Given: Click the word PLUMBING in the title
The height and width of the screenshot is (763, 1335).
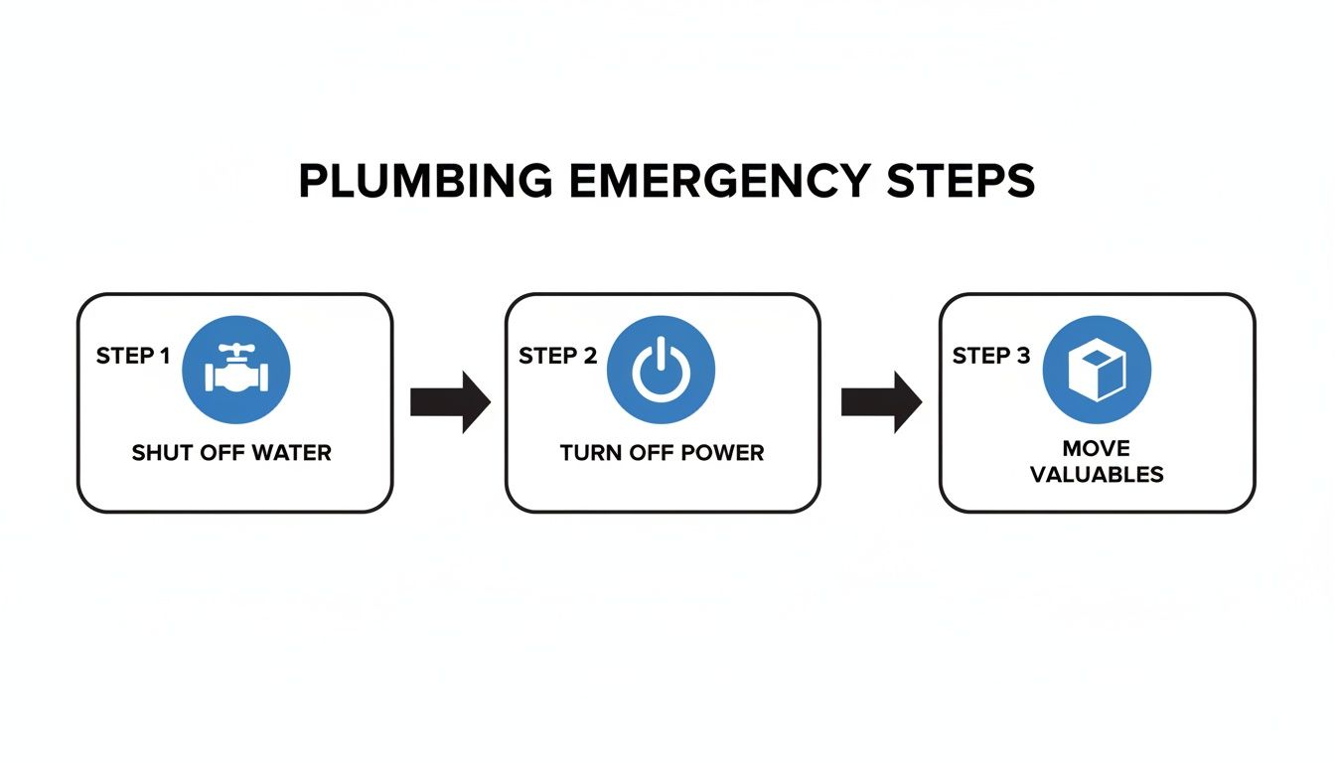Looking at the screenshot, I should pos(426,183).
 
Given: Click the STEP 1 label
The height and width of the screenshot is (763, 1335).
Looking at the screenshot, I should pos(133,356).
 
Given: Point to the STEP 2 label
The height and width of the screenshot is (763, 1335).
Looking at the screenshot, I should pos(557,356).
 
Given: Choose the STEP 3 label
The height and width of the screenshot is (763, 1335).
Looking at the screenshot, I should pos(991,356).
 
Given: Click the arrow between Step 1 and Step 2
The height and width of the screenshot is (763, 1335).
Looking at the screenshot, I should pos(450,402).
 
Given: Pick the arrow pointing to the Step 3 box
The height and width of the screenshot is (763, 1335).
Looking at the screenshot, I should pos(881,402).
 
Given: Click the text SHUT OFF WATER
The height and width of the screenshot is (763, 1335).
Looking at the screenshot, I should pos(231,453).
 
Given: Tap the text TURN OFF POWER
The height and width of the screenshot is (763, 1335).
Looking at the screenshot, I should pos(662,453).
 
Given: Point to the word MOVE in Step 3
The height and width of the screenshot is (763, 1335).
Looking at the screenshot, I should pos(1097,448).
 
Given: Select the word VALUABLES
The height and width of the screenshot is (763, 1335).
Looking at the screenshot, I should pos(1097,474).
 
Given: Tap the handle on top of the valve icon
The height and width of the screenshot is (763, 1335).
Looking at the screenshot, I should pos(236,351).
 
